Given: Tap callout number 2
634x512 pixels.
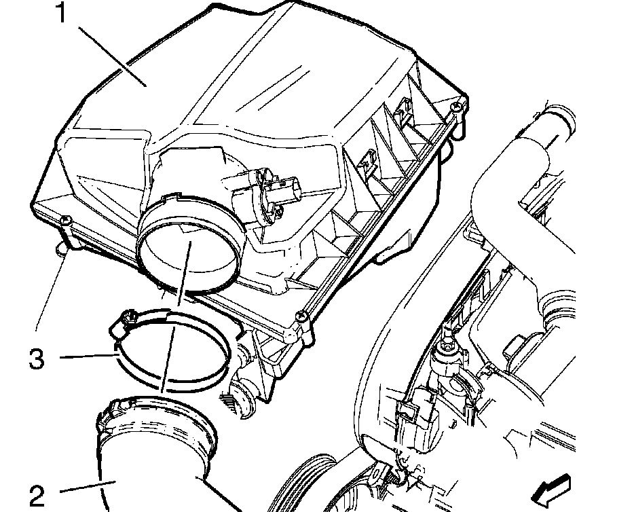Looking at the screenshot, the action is coord(37,496).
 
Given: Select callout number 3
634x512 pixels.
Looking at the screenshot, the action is coord(37,359).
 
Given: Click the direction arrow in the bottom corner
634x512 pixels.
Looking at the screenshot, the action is coord(551,490).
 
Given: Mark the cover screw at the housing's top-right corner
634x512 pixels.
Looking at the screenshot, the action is coord(458,107).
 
